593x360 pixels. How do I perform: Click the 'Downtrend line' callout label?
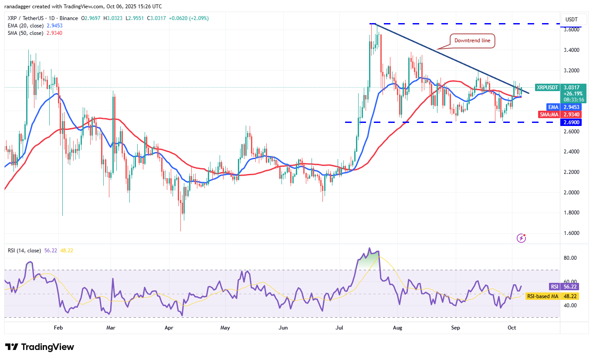click(472, 41)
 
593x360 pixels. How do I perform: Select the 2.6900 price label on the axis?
click(571, 122)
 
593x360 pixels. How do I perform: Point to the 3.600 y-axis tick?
click(571, 30)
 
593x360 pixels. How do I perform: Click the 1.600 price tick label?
click(571, 233)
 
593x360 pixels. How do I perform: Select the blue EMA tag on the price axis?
click(552, 106)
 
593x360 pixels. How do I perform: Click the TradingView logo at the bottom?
click(40, 347)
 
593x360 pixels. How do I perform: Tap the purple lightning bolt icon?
click(521, 238)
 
